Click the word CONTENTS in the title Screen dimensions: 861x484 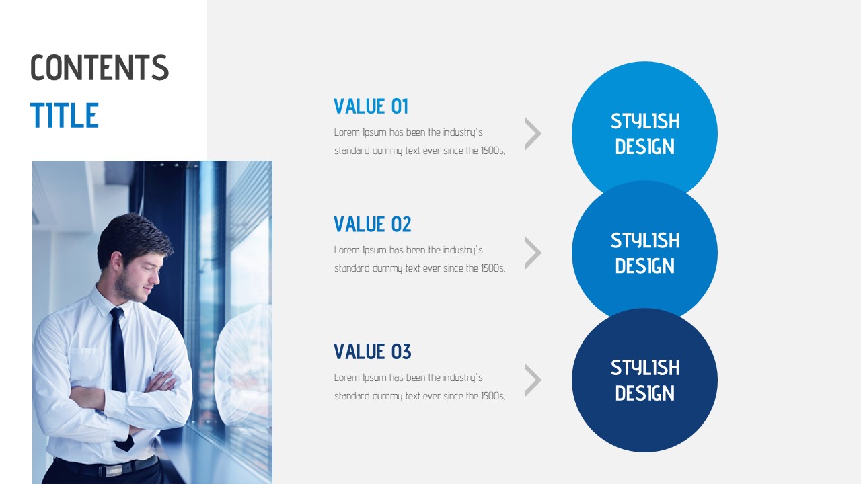tap(100, 67)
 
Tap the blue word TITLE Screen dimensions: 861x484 tap(65, 115)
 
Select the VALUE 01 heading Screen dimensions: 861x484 tap(371, 106)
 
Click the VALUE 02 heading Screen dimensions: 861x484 tap(372, 225)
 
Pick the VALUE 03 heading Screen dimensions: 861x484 tap(372, 352)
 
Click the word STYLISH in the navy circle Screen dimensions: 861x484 tap(645, 368)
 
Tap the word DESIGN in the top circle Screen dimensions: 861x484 tap(644, 147)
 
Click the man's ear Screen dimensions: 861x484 tap(117, 262)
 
